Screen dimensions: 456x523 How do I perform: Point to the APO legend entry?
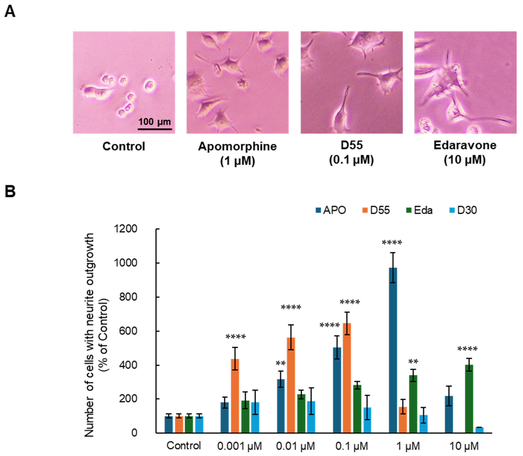click(x=331, y=210)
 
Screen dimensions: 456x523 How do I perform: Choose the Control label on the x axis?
click(x=184, y=446)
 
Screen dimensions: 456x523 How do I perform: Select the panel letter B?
click(x=10, y=192)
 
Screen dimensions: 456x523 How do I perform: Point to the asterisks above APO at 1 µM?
click(x=392, y=243)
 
